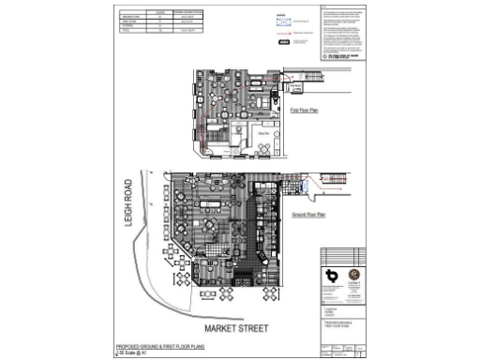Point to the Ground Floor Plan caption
point(307,215)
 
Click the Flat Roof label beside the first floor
point(294,86)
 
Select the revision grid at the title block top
point(341,255)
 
